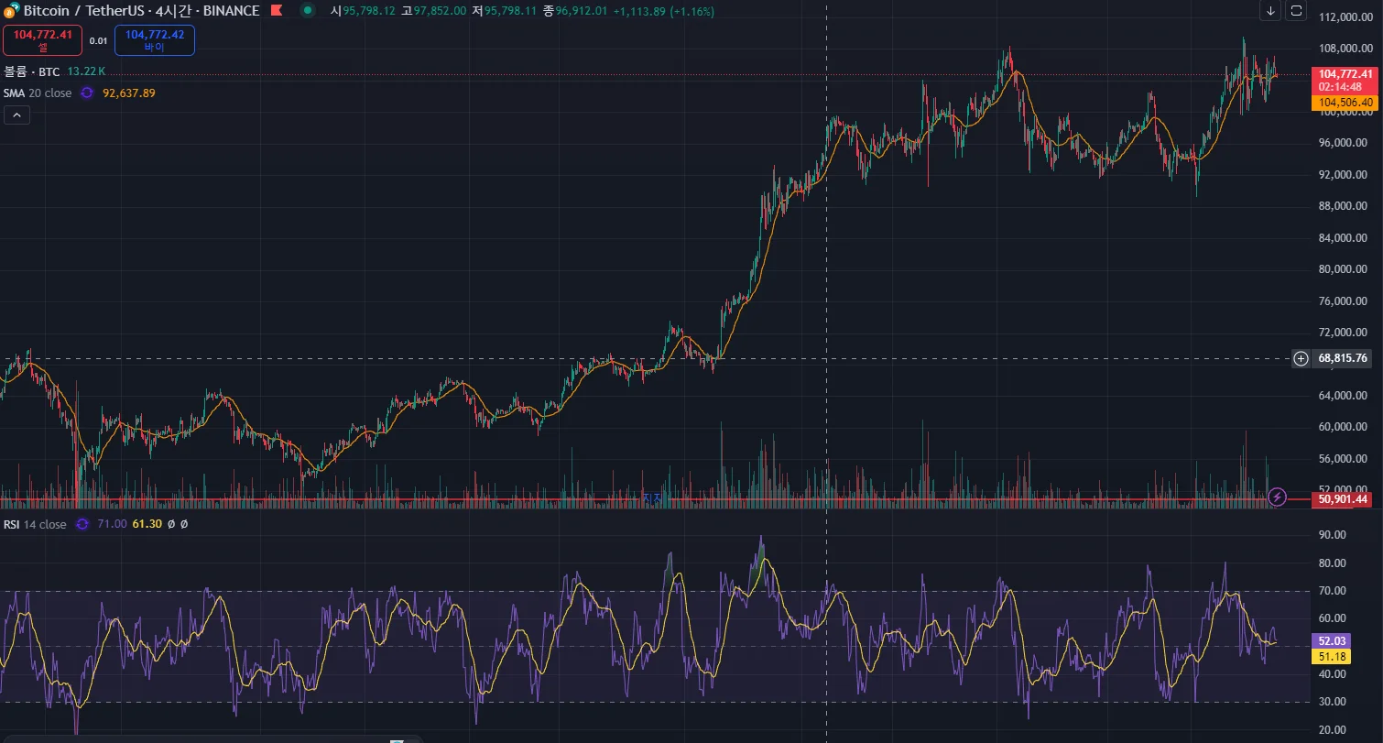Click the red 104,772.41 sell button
pos(42,39)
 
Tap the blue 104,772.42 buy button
pos(155,39)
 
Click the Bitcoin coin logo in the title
pos(12,10)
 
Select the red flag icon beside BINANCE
pos(276,11)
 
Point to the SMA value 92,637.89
pos(129,93)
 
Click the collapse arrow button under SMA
pos(16,115)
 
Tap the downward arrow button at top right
pos(1270,11)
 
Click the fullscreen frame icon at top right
pos(1296,11)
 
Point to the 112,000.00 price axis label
pos(1344,17)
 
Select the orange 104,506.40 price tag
pos(1345,103)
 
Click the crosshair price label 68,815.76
pos(1343,358)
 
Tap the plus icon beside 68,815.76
pos(1301,358)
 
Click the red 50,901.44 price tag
pos(1343,499)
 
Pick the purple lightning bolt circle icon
pos(1279,497)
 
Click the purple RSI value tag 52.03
pos(1327,641)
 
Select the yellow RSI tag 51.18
pos(1327,656)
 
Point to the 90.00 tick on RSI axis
pos(1332,535)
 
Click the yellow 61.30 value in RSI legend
pos(147,524)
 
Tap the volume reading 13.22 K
pos(86,71)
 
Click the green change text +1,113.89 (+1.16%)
pos(664,11)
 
